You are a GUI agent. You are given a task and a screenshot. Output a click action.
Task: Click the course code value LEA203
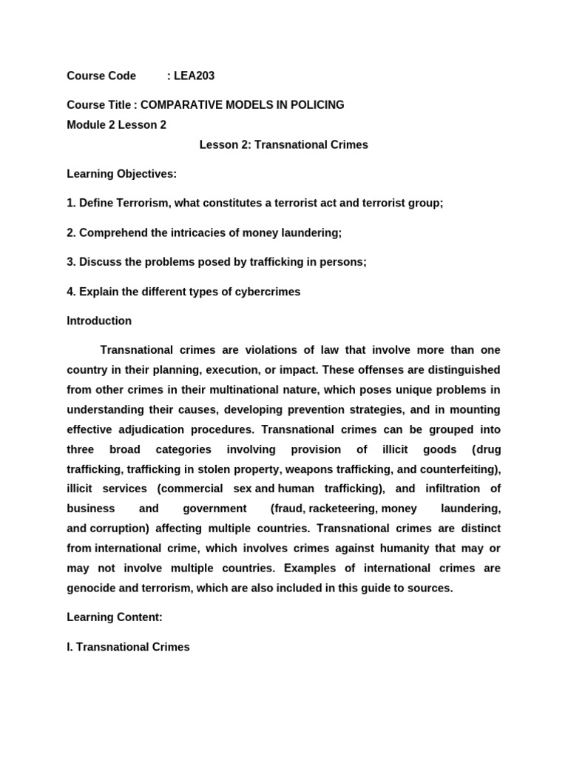(x=195, y=76)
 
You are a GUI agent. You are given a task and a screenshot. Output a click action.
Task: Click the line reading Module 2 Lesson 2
(x=116, y=125)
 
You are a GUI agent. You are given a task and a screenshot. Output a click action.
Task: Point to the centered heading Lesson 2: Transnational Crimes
(x=283, y=145)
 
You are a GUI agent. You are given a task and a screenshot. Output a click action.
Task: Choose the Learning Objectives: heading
(x=121, y=173)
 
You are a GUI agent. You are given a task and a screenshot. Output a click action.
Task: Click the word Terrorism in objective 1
(x=140, y=203)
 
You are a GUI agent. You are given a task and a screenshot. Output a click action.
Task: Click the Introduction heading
(x=99, y=321)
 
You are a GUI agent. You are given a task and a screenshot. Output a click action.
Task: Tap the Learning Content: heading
(x=114, y=617)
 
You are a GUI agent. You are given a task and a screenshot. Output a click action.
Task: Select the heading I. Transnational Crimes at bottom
(x=128, y=647)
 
